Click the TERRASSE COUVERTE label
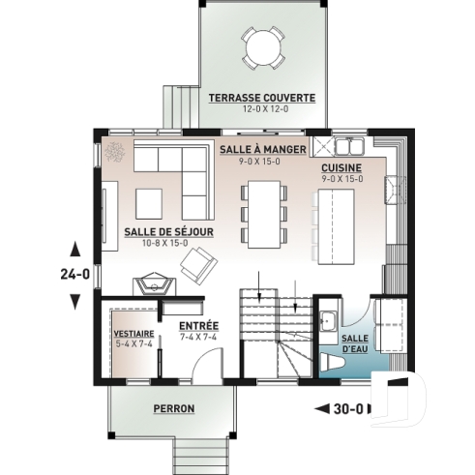(x=261, y=98)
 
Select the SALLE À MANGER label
(x=262, y=150)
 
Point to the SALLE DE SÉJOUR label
(x=168, y=232)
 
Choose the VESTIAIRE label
(x=134, y=332)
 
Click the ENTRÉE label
(x=197, y=325)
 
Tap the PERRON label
(x=174, y=409)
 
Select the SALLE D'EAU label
(x=355, y=344)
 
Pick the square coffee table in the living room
(x=150, y=203)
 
